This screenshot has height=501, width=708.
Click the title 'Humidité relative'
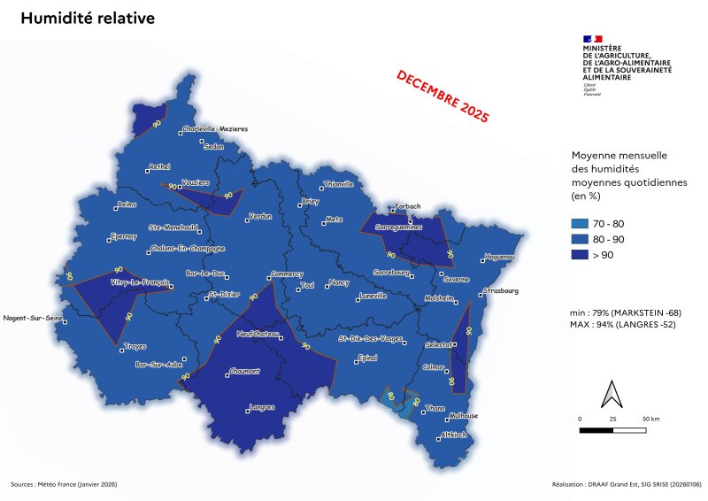click(x=87, y=19)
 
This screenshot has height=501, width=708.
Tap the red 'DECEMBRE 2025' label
click(x=442, y=95)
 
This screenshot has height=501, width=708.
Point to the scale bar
click(x=613, y=430)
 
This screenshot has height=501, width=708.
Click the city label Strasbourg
click(x=501, y=291)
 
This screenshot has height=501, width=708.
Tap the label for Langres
click(x=263, y=407)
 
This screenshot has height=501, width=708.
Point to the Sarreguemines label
click(x=400, y=227)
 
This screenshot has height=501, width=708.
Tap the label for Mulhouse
click(x=464, y=415)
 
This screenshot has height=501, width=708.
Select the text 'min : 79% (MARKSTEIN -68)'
click(x=627, y=313)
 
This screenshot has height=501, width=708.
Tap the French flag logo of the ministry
click(x=592, y=38)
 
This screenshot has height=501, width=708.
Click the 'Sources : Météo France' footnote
click(x=64, y=484)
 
